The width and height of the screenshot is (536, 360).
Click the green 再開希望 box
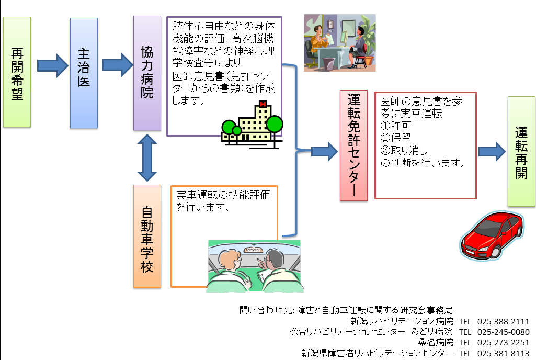(17, 72)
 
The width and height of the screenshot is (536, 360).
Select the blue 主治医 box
(84, 73)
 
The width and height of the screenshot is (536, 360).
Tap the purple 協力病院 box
(146, 73)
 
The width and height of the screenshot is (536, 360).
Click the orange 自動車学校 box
(146, 236)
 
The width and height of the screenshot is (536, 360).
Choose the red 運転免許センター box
(353, 145)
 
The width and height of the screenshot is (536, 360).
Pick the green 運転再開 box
(521, 151)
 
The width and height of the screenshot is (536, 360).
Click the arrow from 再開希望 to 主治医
(52, 65)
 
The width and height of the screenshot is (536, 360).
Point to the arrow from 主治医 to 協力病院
(118, 65)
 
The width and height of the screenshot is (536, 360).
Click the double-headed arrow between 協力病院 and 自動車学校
(147, 157)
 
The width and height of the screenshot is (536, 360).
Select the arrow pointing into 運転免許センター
(324, 151)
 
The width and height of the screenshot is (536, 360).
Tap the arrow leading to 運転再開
(492, 151)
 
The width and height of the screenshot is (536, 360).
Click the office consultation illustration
(340, 42)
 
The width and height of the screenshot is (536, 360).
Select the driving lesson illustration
(255, 265)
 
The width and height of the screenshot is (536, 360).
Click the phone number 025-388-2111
(504, 321)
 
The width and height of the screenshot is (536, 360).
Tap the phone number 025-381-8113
(504, 353)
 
